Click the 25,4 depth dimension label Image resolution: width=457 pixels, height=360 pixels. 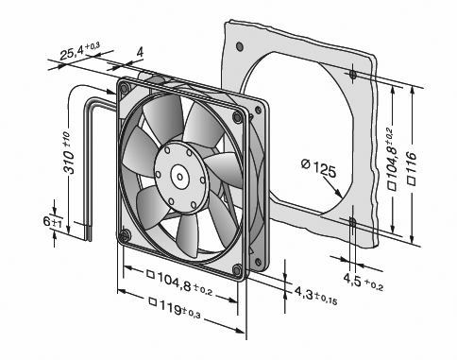(x=79, y=51)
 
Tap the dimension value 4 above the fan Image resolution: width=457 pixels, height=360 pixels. (x=140, y=52)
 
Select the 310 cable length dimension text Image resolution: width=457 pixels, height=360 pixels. (x=69, y=153)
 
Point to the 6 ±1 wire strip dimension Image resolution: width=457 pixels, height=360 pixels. (x=53, y=222)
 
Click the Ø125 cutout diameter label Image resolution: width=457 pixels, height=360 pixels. (x=318, y=168)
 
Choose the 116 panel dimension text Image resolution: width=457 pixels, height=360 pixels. (x=412, y=168)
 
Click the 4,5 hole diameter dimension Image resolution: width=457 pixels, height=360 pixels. (x=363, y=282)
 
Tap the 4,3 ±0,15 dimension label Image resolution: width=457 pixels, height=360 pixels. (x=315, y=296)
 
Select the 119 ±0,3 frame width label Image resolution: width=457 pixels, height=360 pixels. (x=175, y=307)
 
